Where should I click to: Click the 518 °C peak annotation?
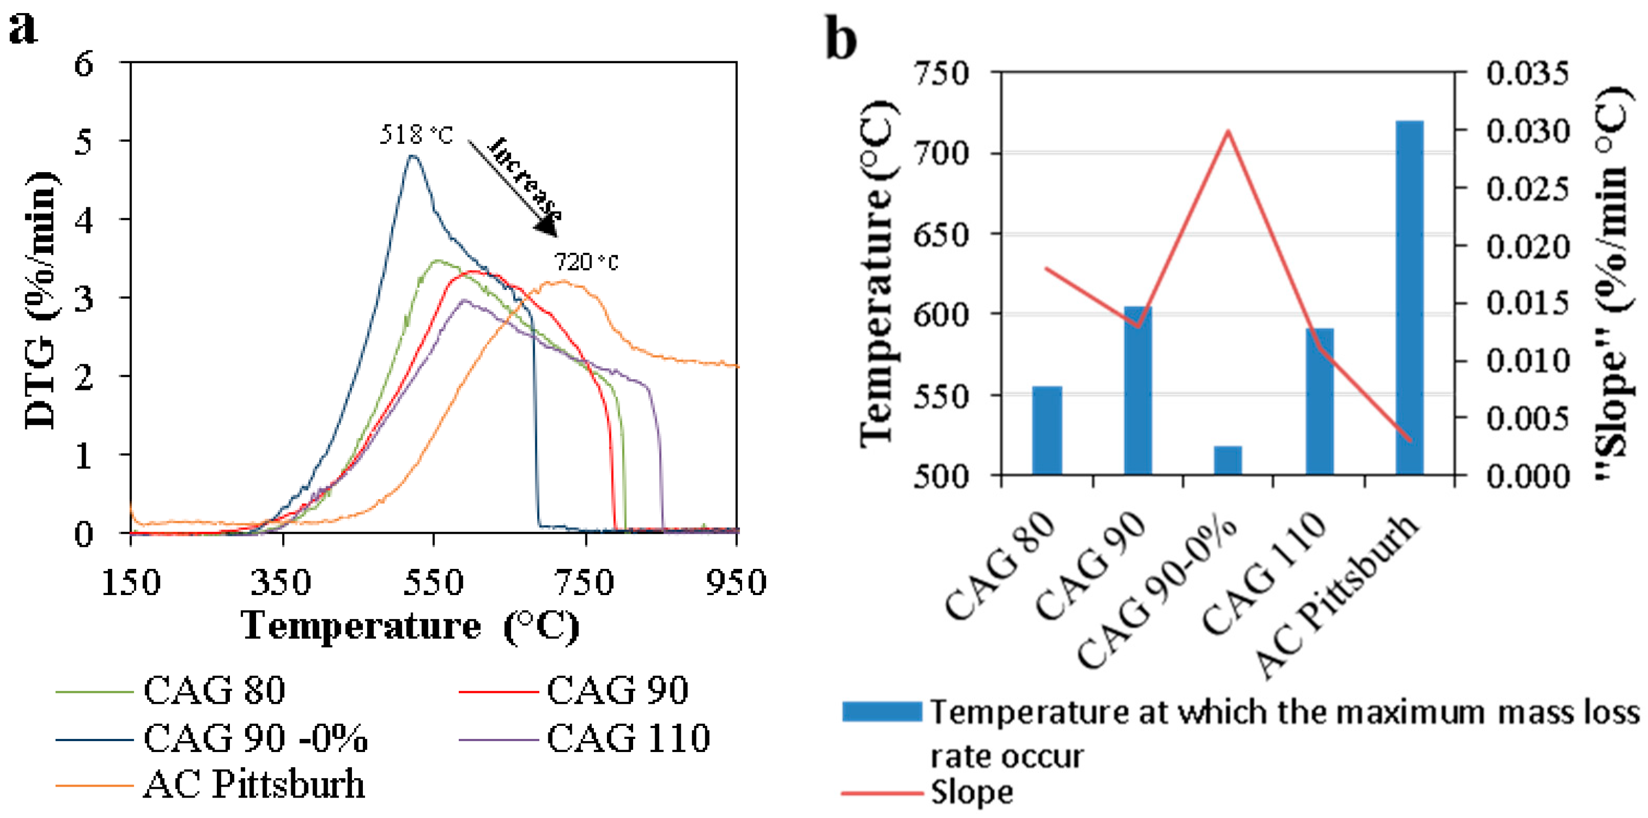(416, 135)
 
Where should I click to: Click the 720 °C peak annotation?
(585, 262)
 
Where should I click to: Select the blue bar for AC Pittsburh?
(1409, 297)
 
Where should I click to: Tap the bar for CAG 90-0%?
(1227, 461)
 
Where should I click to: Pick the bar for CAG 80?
(1047, 430)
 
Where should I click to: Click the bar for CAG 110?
(1319, 401)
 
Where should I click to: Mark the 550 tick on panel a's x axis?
(434, 582)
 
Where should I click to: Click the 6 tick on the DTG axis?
(84, 63)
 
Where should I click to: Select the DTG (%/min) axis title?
(41, 300)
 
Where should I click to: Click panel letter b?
(840, 38)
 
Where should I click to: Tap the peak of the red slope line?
(1227, 131)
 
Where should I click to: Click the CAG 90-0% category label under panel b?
(1158, 591)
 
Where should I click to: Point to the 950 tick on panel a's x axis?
(736, 582)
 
